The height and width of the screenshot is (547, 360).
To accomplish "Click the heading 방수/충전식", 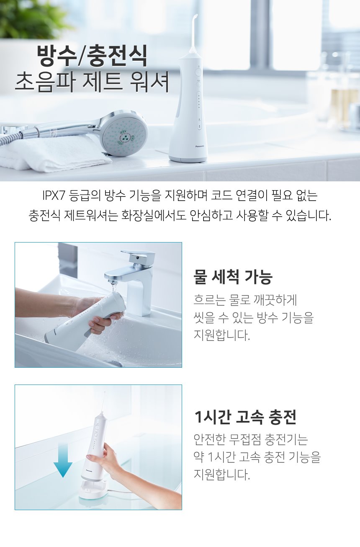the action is [92, 56].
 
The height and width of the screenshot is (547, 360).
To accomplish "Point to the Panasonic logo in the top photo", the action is [200, 146].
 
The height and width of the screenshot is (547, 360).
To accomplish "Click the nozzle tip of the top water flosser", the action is [194, 16].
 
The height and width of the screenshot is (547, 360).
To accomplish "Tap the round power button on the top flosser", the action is [198, 72].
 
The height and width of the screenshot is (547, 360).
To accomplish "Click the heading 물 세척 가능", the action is [233, 276].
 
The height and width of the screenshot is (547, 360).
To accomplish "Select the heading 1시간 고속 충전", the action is [245, 417].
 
